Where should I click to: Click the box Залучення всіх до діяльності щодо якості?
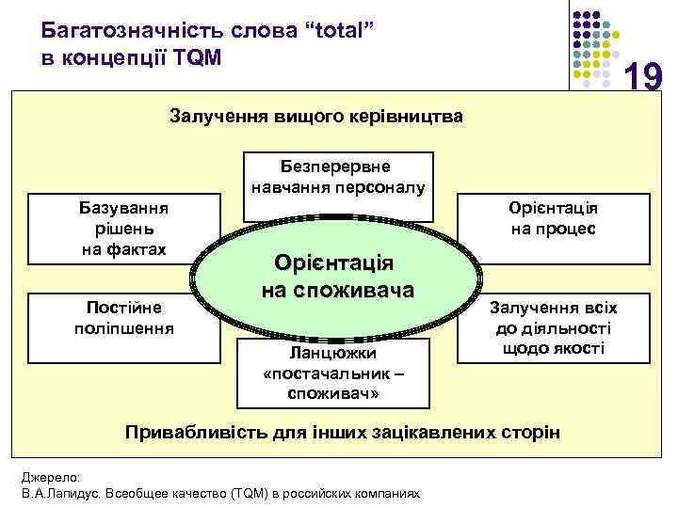552,326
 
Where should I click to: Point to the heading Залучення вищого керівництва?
315,118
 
